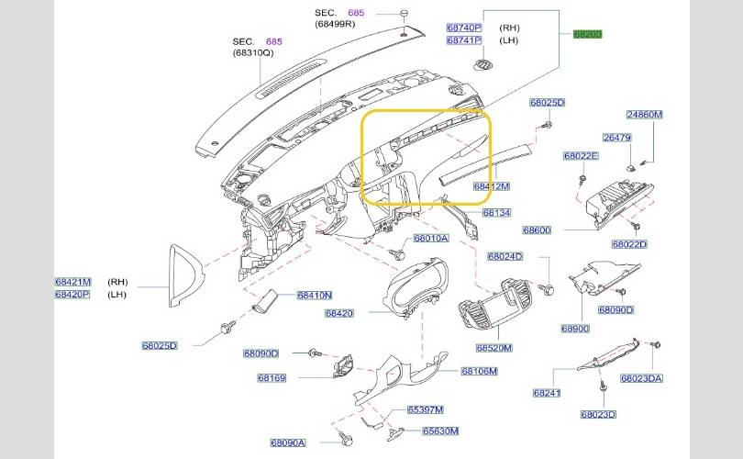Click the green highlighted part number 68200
(x=587, y=34)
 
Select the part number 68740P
(x=464, y=28)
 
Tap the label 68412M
(x=491, y=185)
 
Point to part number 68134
(x=497, y=212)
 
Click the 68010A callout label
(x=430, y=238)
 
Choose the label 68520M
(x=494, y=348)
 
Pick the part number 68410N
(x=315, y=295)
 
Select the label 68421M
(x=72, y=282)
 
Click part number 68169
(x=272, y=377)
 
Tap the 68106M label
(x=479, y=371)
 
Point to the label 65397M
(x=426, y=409)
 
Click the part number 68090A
(x=288, y=442)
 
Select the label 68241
(x=546, y=393)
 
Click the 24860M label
(x=644, y=115)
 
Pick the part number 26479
(x=616, y=138)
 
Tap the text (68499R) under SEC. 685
(x=335, y=24)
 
